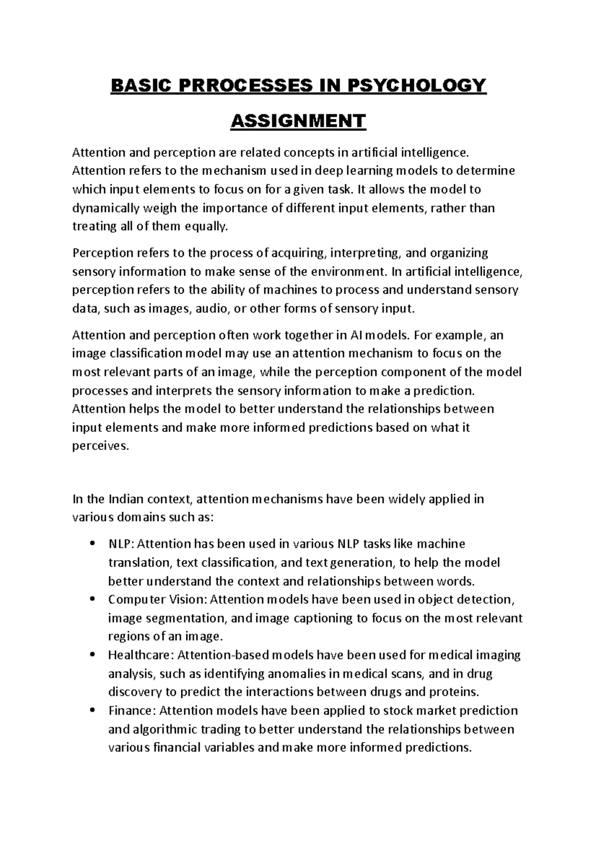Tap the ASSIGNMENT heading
click(298, 121)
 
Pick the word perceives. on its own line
click(100, 446)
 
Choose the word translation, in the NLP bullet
click(140, 563)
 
